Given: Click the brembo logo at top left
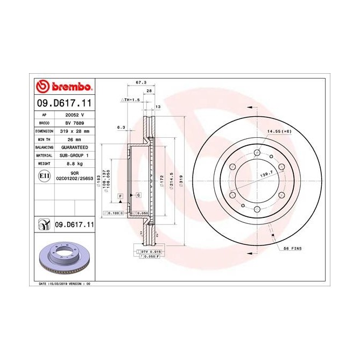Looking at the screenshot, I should pyautogui.click(x=64, y=87).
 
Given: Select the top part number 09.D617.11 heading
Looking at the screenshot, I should pyautogui.click(x=64, y=103).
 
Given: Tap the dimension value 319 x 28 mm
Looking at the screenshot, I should pyautogui.click(x=75, y=131).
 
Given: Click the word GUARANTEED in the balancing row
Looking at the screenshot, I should pyautogui.click(x=75, y=147).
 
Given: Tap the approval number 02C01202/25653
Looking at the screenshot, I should pyautogui.click(x=75, y=178).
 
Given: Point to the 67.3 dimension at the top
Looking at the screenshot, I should pyautogui.click(x=141, y=83).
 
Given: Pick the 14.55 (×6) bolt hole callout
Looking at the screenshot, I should pyautogui.click(x=278, y=131).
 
